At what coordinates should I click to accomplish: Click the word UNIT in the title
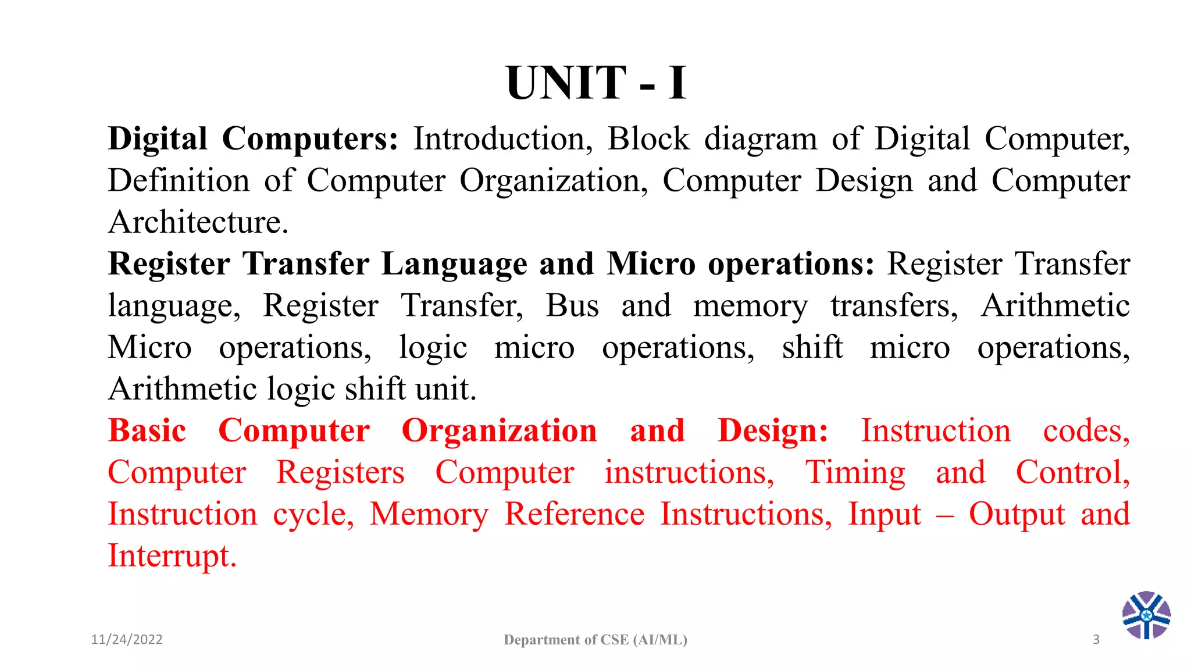coord(566,83)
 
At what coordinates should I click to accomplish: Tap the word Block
coord(648,140)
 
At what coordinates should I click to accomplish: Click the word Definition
coord(179,181)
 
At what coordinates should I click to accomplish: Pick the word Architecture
coord(198,222)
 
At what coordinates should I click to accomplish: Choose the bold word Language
coord(454,265)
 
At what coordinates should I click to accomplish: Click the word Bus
coord(572,306)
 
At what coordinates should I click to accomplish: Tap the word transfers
coord(894,306)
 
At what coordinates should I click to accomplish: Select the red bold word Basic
coord(147,431)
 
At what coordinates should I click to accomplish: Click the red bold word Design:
coord(773,432)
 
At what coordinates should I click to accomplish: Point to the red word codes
coord(1086,431)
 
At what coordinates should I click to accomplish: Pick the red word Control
coord(1072,472)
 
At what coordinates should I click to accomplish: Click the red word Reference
coord(575,514)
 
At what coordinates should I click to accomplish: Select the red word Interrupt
coord(172,556)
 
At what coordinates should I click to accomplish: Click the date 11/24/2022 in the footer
coord(127,640)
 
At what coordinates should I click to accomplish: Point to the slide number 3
coord(1096,640)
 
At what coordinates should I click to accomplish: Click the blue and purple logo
coord(1146,615)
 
